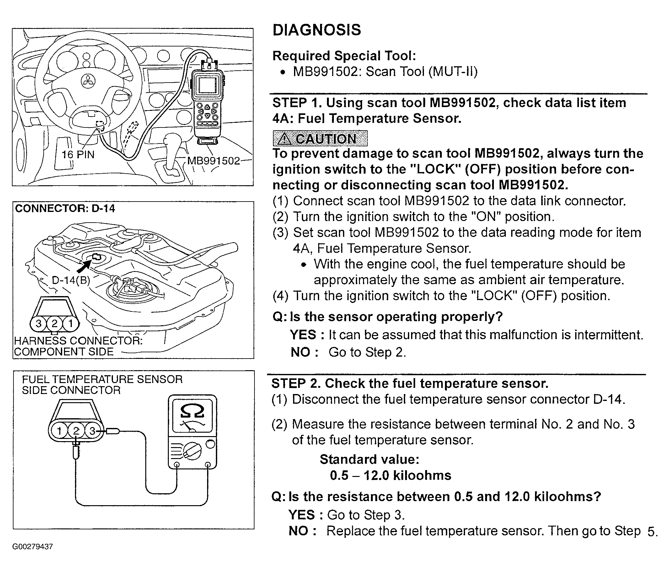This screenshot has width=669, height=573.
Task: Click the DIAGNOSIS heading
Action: [316, 30]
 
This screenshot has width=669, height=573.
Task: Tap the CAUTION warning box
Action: [320, 138]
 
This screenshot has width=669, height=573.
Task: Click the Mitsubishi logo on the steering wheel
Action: [86, 81]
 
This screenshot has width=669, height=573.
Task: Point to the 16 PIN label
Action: [78, 155]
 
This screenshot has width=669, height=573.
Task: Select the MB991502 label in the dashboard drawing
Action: [213, 160]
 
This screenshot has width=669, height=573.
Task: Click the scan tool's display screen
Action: [207, 85]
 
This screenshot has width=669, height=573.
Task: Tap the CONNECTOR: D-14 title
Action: [65, 209]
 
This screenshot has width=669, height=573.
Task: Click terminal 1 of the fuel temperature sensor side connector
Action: [59, 431]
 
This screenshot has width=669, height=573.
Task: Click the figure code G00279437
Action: [33, 547]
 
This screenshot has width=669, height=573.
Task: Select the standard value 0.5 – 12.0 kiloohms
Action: [390, 475]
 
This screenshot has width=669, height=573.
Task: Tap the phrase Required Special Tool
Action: [344, 56]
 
